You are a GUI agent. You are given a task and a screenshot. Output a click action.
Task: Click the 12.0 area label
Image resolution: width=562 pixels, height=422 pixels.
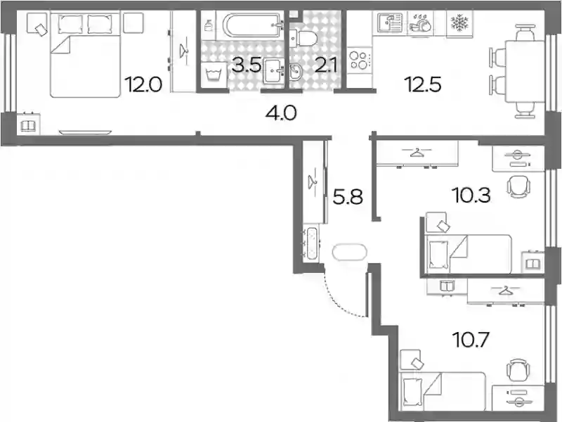click(x=143, y=84)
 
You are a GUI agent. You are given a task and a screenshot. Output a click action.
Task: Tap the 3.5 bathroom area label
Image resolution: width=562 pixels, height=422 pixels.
click(x=247, y=65)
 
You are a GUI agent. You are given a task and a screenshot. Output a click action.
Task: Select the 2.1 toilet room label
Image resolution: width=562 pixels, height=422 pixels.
click(x=326, y=65)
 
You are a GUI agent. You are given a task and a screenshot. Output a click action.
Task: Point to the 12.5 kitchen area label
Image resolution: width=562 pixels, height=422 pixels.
click(x=423, y=84)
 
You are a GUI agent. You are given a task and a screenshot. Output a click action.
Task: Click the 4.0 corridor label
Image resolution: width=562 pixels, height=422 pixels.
click(x=281, y=113)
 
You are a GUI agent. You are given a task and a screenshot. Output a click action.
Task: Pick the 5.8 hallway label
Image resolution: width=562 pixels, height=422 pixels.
click(x=348, y=197)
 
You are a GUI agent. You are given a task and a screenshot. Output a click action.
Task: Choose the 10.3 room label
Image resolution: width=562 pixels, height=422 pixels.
click(x=471, y=196)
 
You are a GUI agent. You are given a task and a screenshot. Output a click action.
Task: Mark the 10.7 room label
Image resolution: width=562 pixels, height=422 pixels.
click(x=471, y=340)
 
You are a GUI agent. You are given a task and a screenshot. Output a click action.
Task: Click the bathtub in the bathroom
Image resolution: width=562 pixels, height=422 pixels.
click(x=252, y=25)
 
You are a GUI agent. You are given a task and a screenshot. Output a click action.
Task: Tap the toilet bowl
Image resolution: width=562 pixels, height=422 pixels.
click(x=303, y=38)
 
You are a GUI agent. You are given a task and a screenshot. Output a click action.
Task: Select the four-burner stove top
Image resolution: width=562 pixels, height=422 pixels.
click(x=359, y=60)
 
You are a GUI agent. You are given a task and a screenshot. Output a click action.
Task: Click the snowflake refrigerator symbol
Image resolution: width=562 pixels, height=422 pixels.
click(x=459, y=23)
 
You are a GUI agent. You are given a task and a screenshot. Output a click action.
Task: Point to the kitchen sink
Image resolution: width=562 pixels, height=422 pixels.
click(x=390, y=23)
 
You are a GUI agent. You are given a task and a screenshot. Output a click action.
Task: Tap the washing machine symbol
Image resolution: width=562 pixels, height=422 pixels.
click(x=214, y=75)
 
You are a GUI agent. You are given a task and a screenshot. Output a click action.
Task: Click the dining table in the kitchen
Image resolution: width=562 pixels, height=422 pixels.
click(x=524, y=71)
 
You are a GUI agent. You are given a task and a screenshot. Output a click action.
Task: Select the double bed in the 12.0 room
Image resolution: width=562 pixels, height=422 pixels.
click(x=85, y=55)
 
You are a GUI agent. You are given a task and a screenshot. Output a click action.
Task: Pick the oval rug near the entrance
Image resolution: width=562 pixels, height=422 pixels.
click(x=349, y=252)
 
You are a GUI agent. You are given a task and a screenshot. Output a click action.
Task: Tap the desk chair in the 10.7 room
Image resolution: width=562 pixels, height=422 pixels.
click(x=518, y=370)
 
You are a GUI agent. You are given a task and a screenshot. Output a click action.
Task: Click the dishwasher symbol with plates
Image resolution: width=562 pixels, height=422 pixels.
click(x=420, y=24)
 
